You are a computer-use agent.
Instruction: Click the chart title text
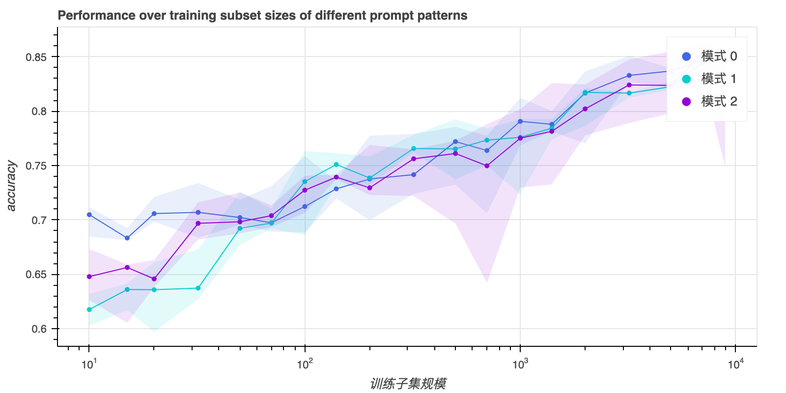pyautogui.click(x=262, y=16)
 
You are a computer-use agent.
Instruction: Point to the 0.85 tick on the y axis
pyautogui.click(x=36, y=57)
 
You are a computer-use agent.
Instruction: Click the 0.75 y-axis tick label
pyautogui.click(x=36, y=166)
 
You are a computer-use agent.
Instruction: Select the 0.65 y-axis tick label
pyautogui.click(x=36, y=275)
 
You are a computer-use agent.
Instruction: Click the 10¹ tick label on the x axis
pyautogui.click(x=89, y=364)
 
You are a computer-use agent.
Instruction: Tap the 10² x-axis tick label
pyautogui.click(x=305, y=364)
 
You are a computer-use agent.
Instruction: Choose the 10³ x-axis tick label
pyautogui.click(x=520, y=364)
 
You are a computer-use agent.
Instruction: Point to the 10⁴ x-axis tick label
pyautogui.click(x=735, y=364)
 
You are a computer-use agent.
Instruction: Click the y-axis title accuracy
pyautogui.click(x=11, y=186)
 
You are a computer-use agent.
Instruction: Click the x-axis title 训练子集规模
pyautogui.click(x=408, y=384)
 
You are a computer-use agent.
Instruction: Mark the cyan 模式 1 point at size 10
pyautogui.click(x=89, y=309)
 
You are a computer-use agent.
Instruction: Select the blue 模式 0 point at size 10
pyautogui.click(x=89, y=215)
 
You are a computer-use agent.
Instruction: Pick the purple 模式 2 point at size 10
pyautogui.click(x=89, y=277)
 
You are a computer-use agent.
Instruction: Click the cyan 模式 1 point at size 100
pyautogui.click(x=305, y=182)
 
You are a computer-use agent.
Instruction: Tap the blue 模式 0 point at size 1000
pyautogui.click(x=520, y=121)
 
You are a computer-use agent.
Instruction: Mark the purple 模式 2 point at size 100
pyautogui.click(x=305, y=190)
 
